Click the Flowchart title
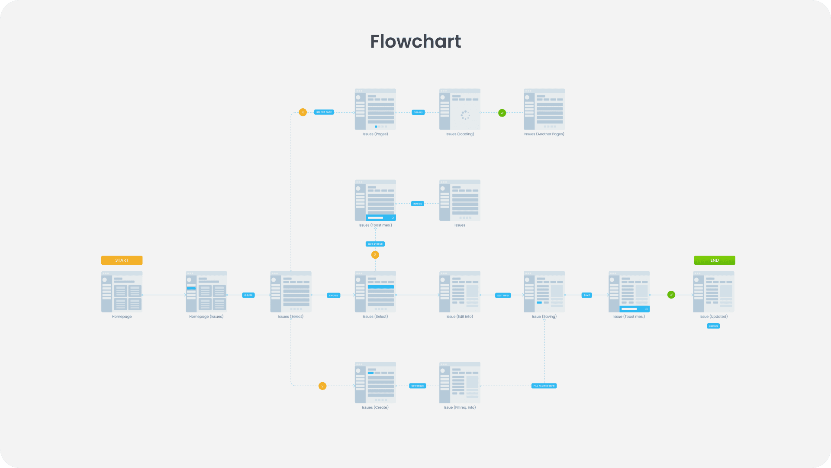point(415,42)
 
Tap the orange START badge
point(122,260)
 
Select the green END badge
point(714,260)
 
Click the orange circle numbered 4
point(303,112)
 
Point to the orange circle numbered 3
point(375,255)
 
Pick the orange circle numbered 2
point(322,386)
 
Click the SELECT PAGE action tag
point(324,112)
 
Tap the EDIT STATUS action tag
point(375,244)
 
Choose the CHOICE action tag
point(333,296)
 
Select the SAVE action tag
point(586,295)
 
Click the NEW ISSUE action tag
point(417,386)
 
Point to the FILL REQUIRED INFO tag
point(544,386)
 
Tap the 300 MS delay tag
point(417,204)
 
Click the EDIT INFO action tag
point(502,296)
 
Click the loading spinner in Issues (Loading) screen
point(465,115)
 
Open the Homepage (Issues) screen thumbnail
point(206,292)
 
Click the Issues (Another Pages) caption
point(544,134)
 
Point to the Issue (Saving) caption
point(544,317)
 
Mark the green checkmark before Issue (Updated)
point(671,295)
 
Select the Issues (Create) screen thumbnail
point(375,383)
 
